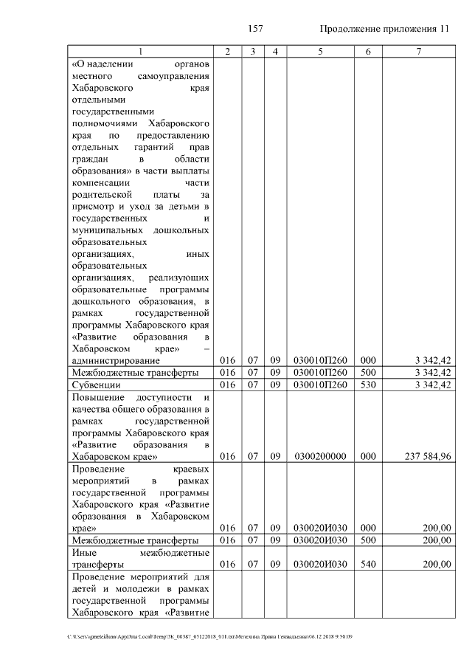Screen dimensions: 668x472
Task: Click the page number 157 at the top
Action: (x=257, y=29)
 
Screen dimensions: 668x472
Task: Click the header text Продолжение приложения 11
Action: (x=383, y=29)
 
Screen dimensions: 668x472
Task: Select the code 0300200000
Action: (x=320, y=457)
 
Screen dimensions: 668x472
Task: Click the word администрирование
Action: (x=115, y=360)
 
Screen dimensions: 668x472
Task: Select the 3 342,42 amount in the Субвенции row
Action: (x=433, y=385)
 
